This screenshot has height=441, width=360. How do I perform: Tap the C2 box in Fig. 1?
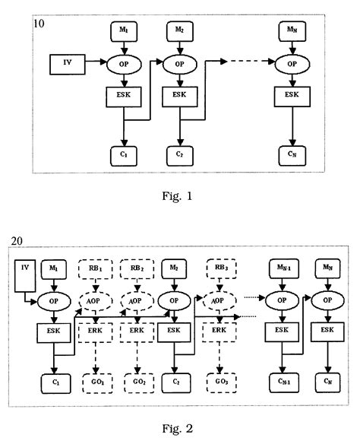pyautogui.click(x=178, y=154)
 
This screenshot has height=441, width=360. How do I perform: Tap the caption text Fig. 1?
pyautogui.click(x=179, y=196)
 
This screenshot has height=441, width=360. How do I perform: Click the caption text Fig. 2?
pyautogui.click(x=179, y=427)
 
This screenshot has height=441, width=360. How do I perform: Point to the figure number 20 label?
pyautogui.click(x=19, y=242)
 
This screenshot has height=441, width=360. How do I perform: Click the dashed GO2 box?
pyautogui.click(x=138, y=380)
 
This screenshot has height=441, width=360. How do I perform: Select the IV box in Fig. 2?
pyautogui.click(x=24, y=268)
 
